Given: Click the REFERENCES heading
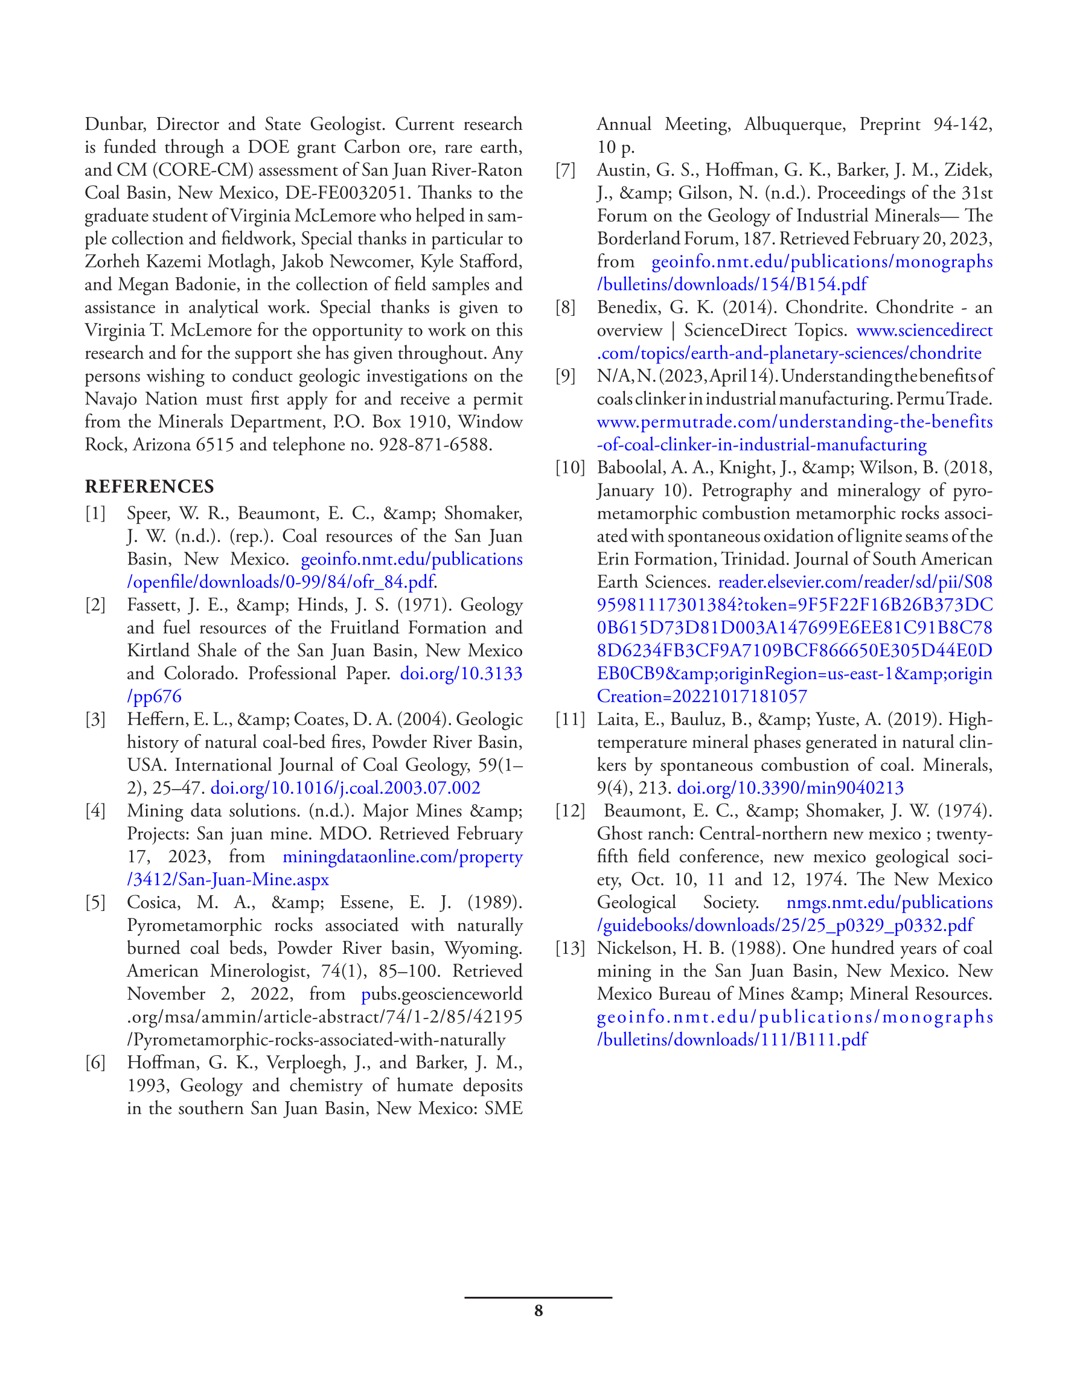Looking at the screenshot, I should pos(149,487).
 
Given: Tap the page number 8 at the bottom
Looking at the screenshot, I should pos(538,1311).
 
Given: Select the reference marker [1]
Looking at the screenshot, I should pos(95,513).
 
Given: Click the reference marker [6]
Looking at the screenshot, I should pos(95,1063).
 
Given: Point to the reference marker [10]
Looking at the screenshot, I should pos(570,468).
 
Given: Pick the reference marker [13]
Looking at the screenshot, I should pos(570,948).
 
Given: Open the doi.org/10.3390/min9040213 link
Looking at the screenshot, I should pos(790,788).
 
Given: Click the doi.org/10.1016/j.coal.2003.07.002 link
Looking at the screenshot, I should pos(345,788).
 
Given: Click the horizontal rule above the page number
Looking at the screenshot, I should pos(538,1297).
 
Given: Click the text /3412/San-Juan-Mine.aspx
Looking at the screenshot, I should pos(228,880).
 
